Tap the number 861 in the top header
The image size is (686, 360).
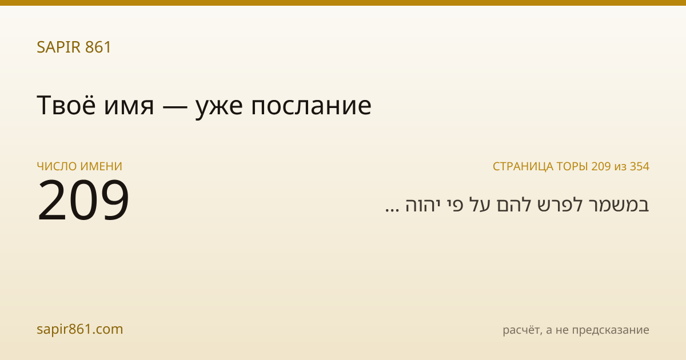pyautogui.click(x=98, y=47)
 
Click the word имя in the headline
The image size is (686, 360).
pyautogui.click(x=129, y=107)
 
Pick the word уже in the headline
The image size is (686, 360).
pyautogui.click(x=220, y=109)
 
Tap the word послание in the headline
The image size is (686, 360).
pyautogui.click(x=311, y=107)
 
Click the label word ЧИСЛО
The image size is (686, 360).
pyautogui.click(x=57, y=166)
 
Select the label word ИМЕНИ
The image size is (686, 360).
pyautogui.click(x=101, y=166)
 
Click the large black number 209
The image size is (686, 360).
pyautogui.click(x=83, y=200)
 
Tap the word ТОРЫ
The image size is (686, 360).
pyautogui.click(x=572, y=166)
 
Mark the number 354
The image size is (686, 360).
pyautogui.click(x=640, y=166)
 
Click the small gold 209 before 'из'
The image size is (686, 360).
pyautogui.click(x=601, y=166)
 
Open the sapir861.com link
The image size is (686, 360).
pyautogui.click(x=80, y=329)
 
